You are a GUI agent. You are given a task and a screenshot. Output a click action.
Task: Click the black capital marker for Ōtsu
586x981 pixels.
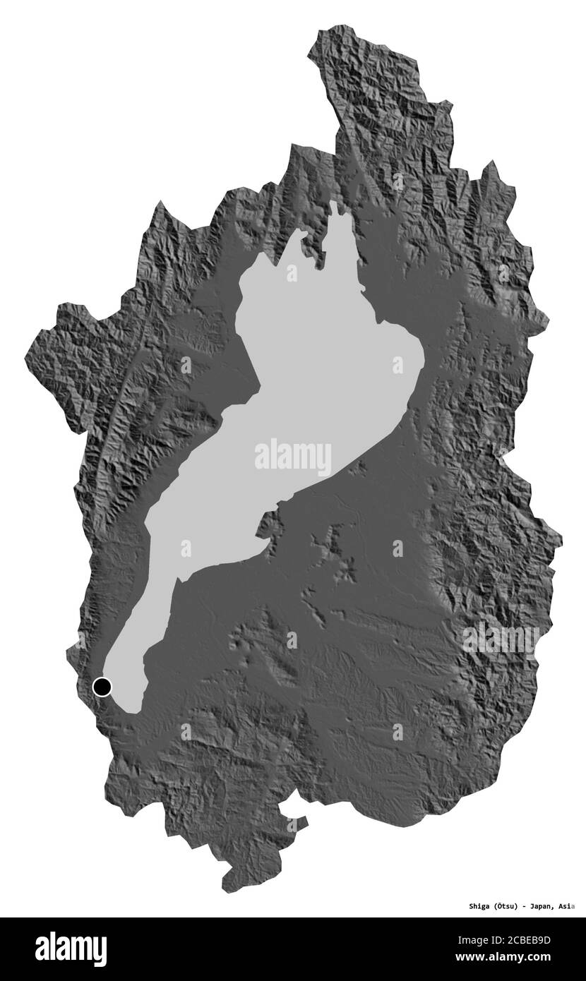click(x=102, y=685)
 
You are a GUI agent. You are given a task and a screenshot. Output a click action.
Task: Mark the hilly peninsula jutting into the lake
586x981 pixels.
click(x=267, y=524)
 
